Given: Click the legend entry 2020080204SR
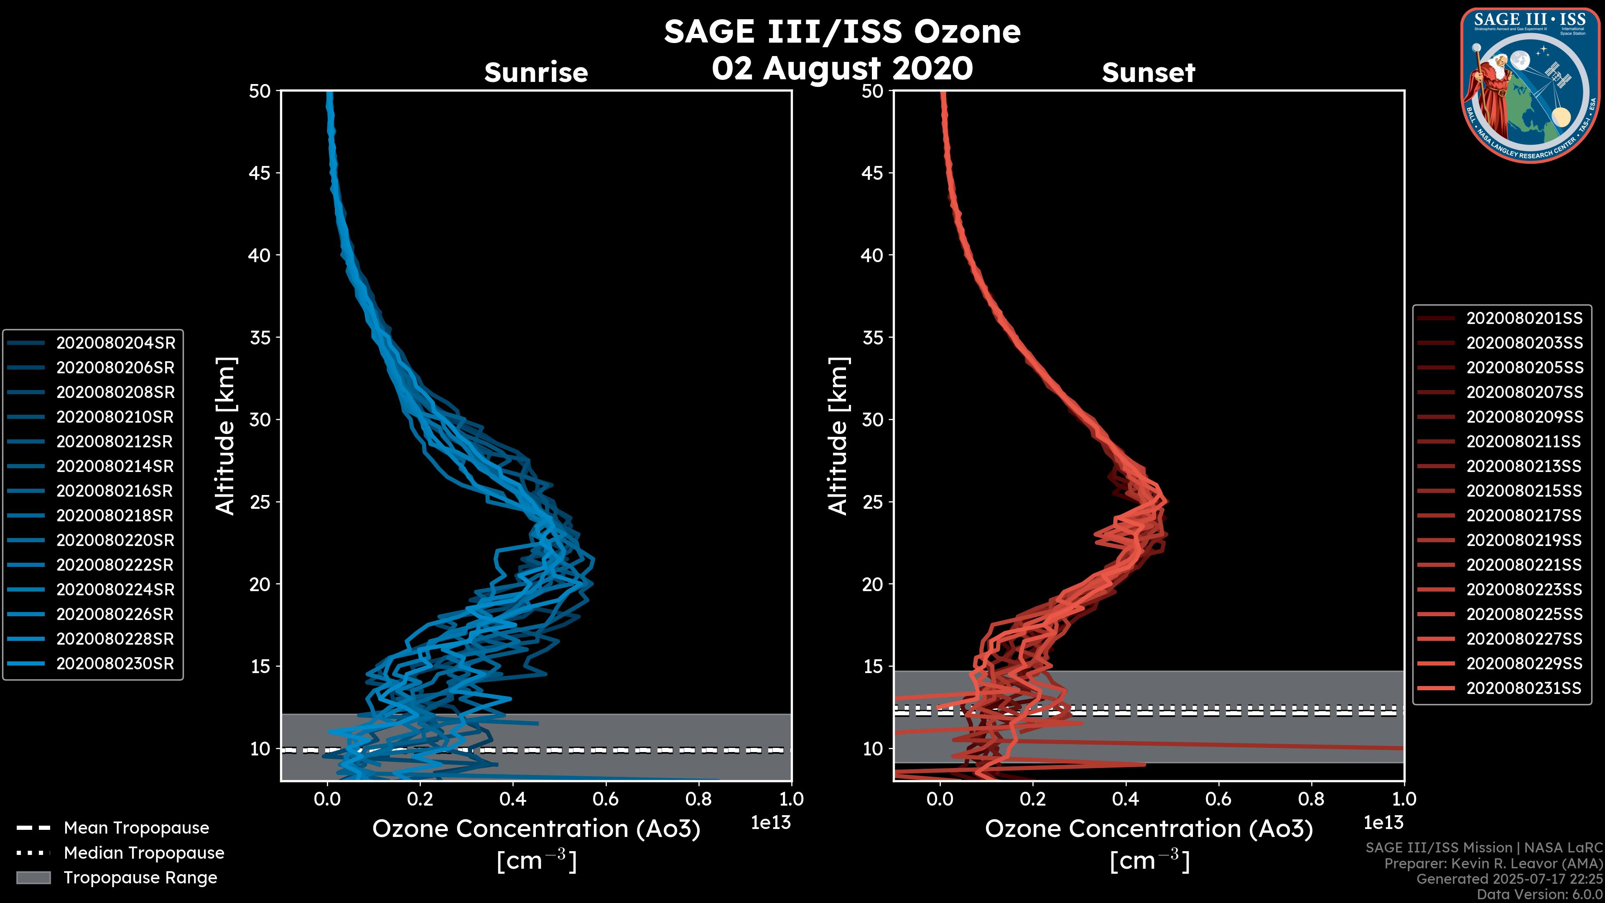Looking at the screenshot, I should coord(115,343).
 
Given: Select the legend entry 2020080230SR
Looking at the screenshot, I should coord(115,664).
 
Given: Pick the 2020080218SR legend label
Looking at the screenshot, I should coord(115,515).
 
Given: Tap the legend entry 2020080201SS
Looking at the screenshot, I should coord(1523,319).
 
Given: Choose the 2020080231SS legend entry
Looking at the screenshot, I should coord(1523,688).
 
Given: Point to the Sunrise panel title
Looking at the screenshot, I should coord(536,73).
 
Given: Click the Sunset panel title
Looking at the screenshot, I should coord(1148,73).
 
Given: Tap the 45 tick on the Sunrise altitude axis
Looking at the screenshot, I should coord(260,173).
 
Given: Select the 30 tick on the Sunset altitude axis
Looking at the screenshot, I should coord(873,419).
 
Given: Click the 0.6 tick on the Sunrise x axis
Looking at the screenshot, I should coord(606,799).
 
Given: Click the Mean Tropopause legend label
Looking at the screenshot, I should coord(136,828).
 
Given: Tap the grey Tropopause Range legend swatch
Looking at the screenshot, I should coord(33,877).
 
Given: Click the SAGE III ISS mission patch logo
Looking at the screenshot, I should coord(1528,85).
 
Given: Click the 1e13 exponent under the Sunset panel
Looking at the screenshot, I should coord(1383,823).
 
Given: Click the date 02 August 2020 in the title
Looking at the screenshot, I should coord(842,69).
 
